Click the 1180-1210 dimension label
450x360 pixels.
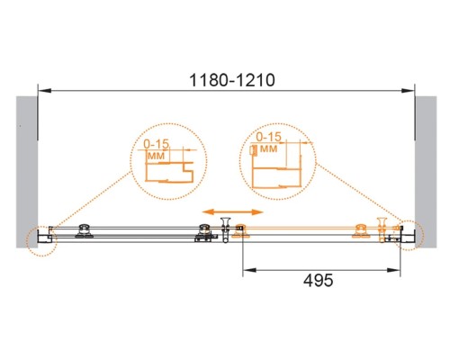232,80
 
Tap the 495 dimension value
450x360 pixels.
319,281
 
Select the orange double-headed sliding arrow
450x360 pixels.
233,212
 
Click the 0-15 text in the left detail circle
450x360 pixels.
157,144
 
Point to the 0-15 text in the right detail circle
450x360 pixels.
269,137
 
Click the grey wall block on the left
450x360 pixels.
27,172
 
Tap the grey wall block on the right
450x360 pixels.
426,172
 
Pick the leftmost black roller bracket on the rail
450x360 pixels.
85,231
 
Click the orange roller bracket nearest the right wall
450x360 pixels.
361,231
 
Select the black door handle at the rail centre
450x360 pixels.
225,229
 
